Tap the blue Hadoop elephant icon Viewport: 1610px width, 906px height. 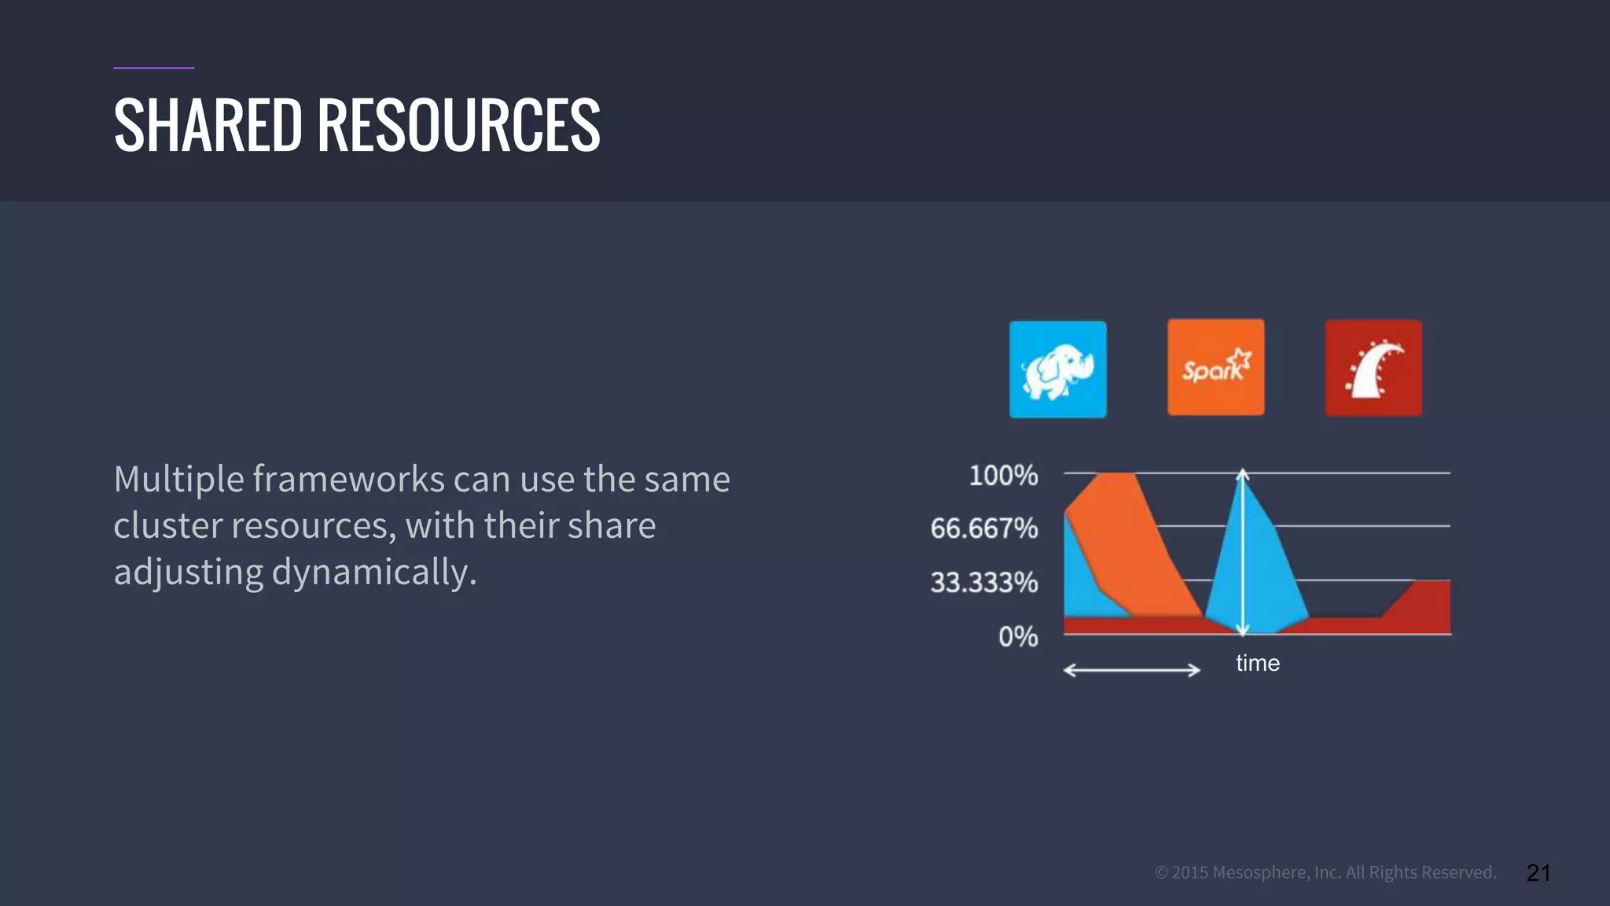pos(1057,369)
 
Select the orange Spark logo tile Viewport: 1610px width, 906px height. pos(1215,367)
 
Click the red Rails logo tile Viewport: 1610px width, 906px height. pos(1373,367)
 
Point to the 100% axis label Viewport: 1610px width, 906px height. pos(1003,476)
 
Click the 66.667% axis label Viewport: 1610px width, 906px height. pos(983,528)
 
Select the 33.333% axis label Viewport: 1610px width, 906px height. pos(983,583)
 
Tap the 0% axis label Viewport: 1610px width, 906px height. pos(1018,636)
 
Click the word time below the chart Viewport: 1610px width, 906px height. pos(1257,663)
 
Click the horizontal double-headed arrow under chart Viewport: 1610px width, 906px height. pos(1131,670)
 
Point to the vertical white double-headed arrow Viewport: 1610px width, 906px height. pos(1242,551)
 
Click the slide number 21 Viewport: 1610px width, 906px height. pos(1538,872)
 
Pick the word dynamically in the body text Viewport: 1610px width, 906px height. pos(374,572)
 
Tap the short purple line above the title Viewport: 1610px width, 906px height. pos(153,68)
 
